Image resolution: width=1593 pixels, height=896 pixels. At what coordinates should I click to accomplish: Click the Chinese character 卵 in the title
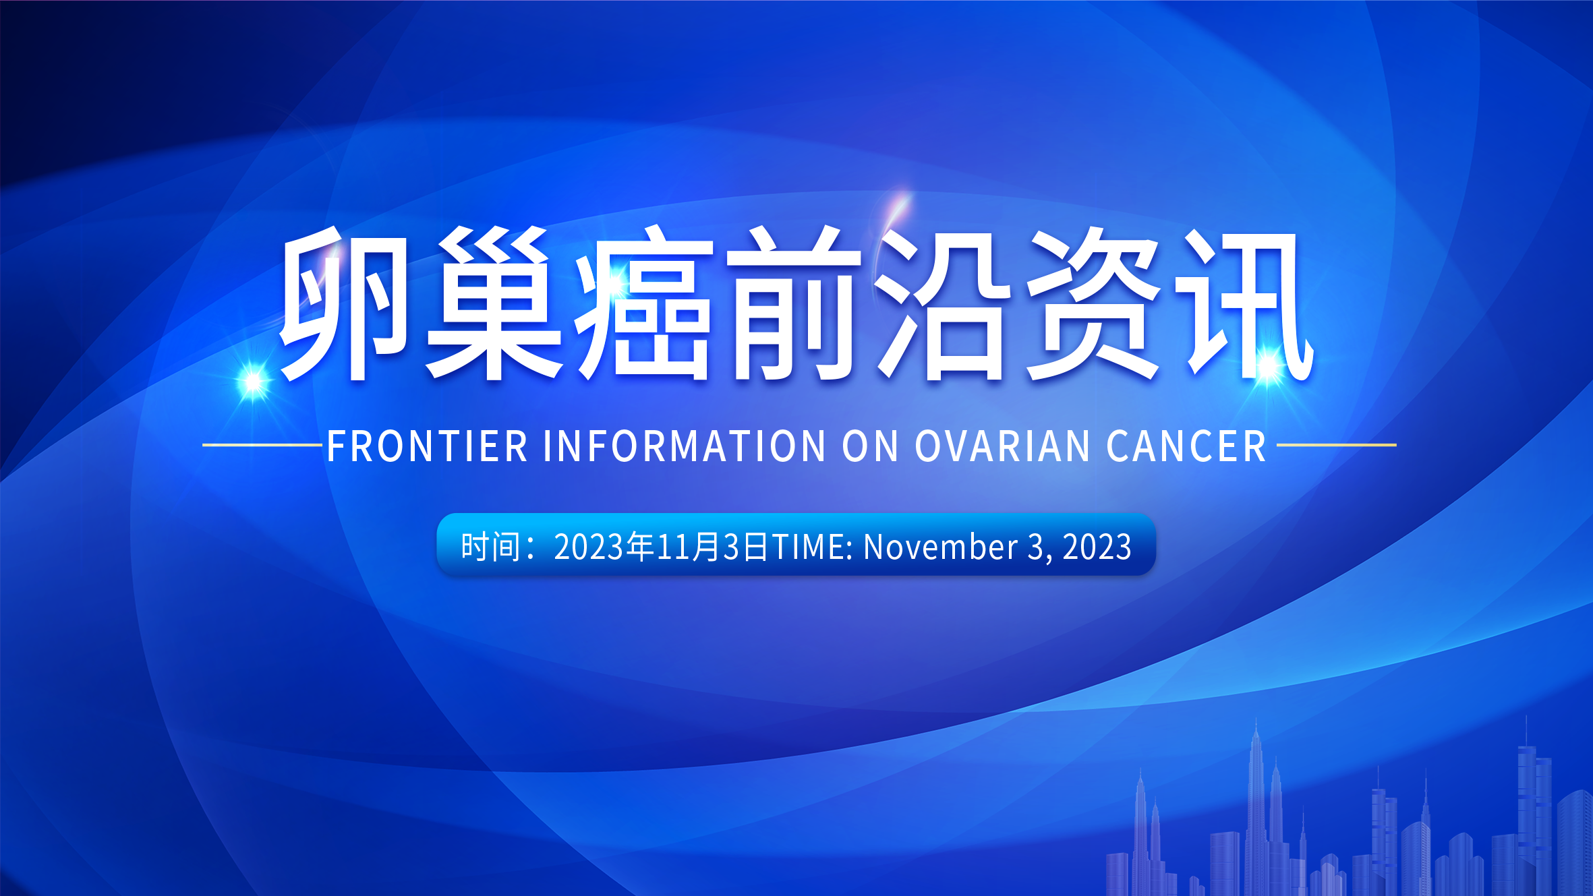pos(344,303)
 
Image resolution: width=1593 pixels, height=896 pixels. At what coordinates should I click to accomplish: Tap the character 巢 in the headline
pos(494,303)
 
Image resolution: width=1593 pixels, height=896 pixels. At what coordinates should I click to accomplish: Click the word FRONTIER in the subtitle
pos(427,446)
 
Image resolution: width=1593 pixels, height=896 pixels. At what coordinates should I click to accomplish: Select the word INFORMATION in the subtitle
pos(685,446)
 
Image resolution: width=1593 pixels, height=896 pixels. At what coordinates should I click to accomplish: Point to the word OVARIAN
pos(1002,446)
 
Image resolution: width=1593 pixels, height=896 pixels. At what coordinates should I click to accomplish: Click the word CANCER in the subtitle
pos(1186,446)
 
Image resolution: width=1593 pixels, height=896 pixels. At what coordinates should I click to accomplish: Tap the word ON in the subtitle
pos(870,446)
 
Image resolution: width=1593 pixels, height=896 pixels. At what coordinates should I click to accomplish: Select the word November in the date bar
pos(940,546)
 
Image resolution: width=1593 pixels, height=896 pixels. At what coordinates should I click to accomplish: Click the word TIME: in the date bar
pos(812,546)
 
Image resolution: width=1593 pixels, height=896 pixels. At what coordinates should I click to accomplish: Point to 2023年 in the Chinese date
pos(604,546)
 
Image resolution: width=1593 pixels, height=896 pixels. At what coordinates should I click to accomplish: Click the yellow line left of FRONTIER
pos(262,445)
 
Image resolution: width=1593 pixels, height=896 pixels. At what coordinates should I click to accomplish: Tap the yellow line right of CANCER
pos(1336,445)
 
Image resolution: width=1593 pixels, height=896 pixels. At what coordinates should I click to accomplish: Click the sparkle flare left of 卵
pos(253,382)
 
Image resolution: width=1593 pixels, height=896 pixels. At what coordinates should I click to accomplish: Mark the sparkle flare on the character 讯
pos(1269,365)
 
